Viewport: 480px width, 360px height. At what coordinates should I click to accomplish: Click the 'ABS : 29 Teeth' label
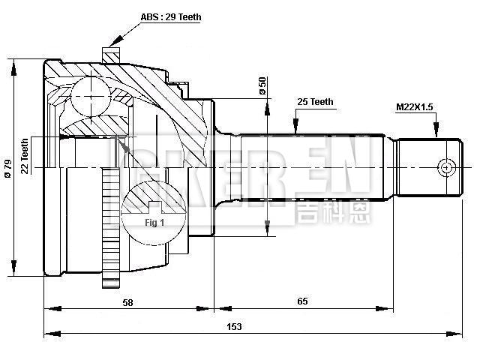point(171,16)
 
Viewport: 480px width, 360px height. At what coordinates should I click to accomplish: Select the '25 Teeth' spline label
point(316,101)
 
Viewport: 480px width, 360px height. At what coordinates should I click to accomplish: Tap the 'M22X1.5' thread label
point(415,108)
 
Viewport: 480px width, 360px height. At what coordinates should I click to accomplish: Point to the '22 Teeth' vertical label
point(25,156)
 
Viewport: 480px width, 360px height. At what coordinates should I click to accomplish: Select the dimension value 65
point(303,301)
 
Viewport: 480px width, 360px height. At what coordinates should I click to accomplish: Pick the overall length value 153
point(234,326)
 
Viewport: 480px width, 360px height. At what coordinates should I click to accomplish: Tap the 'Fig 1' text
point(154,223)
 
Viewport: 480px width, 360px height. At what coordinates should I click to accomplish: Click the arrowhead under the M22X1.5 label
point(435,133)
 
